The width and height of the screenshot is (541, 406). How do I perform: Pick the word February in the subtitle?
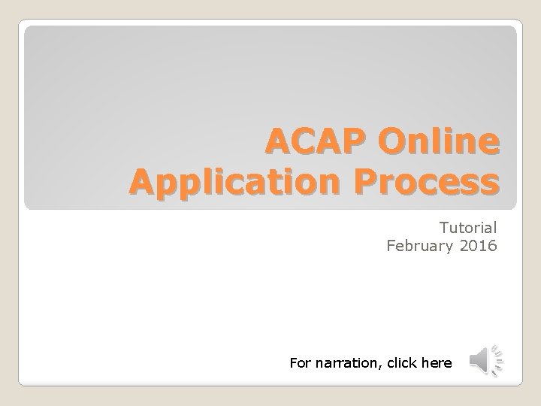pos(418,244)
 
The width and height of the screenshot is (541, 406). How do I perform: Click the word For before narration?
pos(300,363)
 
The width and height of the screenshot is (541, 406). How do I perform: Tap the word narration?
pos(346,363)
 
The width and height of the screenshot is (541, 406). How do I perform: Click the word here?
pos(438,363)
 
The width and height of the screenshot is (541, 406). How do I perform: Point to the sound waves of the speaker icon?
pos(496,360)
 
